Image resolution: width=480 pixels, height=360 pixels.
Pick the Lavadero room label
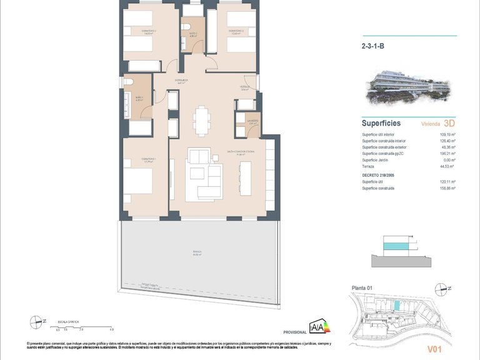[252, 121]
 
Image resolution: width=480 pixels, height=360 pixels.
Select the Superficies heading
[381, 123]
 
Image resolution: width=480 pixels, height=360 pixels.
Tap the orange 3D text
[448, 124]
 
